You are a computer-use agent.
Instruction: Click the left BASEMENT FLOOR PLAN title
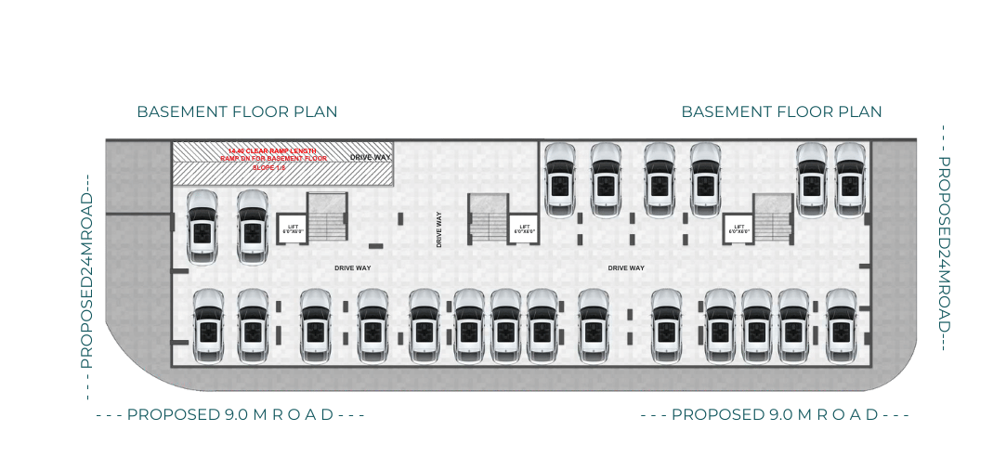[237, 111]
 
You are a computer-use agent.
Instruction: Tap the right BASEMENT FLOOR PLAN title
[781, 111]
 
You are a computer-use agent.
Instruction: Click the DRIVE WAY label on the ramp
[371, 158]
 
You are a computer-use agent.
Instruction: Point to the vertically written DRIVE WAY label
[439, 229]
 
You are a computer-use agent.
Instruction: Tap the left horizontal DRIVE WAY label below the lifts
[352, 268]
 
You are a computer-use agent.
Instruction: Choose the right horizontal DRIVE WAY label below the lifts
[626, 268]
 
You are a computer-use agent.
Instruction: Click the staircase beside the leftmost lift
[326, 218]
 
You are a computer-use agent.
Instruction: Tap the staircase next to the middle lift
[487, 219]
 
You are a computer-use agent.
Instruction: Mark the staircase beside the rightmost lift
[772, 219]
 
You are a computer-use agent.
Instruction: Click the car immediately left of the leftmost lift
[252, 227]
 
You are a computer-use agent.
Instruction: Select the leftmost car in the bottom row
[208, 325]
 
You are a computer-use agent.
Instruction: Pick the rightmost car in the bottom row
[841, 325]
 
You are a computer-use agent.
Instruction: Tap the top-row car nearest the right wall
[850, 181]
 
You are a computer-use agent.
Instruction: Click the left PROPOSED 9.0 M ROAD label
[229, 414]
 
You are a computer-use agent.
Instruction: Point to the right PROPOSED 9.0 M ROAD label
[774, 414]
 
